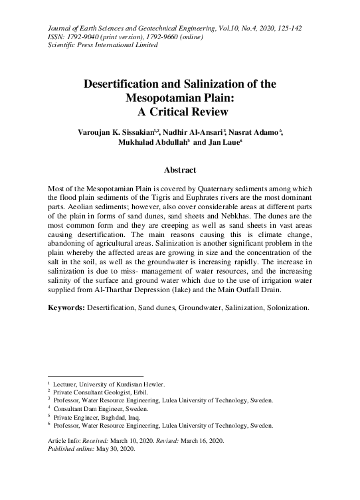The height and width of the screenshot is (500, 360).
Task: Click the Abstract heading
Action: (179, 171)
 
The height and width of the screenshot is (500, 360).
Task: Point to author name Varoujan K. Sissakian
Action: (116, 133)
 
